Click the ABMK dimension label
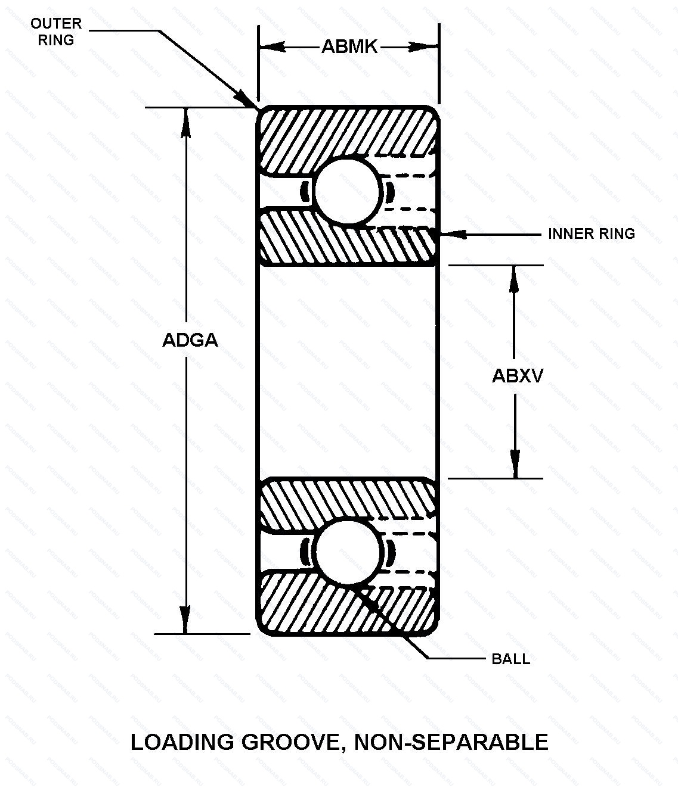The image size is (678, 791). [349, 46]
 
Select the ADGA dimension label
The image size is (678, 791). [190, 340]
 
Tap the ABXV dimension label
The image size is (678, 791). [518, 376]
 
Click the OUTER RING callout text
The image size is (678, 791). [55, 32]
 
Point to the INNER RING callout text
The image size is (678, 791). [591, 233]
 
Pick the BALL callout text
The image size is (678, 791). [510, 659]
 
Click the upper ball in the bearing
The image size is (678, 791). [348, 192]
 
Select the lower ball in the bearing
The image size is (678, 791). [348, 552]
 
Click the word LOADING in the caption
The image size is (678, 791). [182, 742]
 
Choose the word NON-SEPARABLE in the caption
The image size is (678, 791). [451, 742]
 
